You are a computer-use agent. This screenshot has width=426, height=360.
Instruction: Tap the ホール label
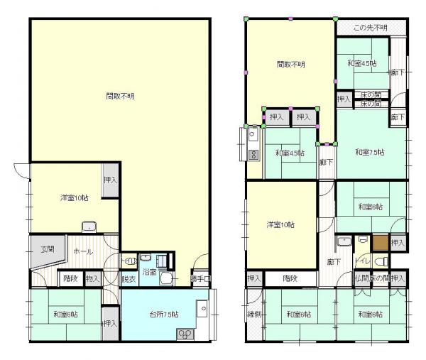coord(80,251)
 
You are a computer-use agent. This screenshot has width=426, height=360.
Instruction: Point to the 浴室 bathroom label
coord(149,272)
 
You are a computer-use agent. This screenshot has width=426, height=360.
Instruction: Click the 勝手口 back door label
coord(201,279)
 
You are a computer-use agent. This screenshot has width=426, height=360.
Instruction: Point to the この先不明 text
coord(371,28)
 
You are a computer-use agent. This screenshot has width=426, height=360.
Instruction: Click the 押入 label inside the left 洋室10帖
coord(110,181)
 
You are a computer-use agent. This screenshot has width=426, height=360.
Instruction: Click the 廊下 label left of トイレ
coord(334,261)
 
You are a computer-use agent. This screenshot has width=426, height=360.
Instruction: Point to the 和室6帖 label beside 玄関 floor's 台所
coord(63,314)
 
